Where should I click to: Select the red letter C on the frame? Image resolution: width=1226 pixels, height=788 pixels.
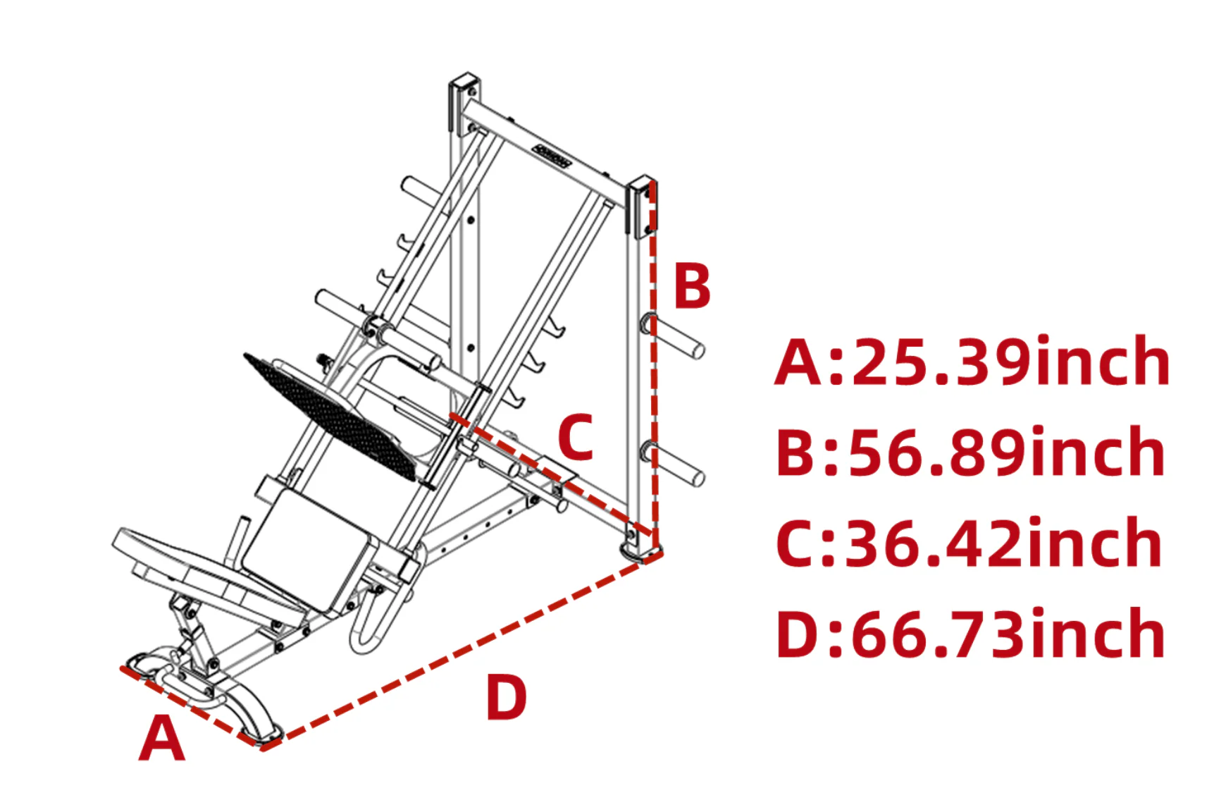click(x=576, y=438)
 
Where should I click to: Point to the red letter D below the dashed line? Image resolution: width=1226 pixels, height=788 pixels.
click(x=506, y=697)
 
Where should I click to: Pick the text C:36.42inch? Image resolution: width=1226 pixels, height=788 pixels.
click(x=968, y=543)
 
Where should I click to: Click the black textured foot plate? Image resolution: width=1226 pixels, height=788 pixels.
click(x=331, y=416)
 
